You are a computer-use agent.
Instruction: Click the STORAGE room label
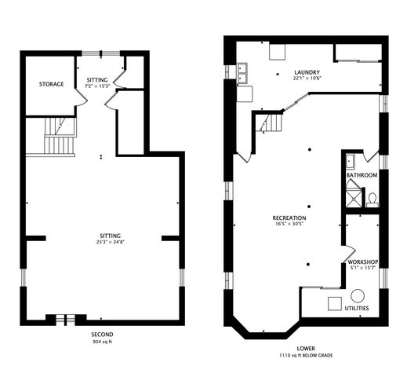tap(52, 84)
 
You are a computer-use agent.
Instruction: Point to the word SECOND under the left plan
tap(101, 335)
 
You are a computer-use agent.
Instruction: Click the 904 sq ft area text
tap(101, 342)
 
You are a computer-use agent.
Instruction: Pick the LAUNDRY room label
tap(307, 71)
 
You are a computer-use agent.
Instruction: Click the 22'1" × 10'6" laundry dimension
tap(307, 78)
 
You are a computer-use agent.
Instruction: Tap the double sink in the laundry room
tap(242, 76)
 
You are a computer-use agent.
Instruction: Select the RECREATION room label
tap(289, 218)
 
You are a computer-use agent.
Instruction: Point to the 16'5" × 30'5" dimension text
tap(289, 225)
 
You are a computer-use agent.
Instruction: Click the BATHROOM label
tap(362, 175)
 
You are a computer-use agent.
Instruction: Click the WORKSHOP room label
tap(364, 262)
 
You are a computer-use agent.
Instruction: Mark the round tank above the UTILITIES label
tap(358, 296)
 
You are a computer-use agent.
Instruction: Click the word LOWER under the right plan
tap(307, 347)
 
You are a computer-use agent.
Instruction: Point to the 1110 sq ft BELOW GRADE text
tap(307, 355)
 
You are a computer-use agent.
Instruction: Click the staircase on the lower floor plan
tap(271, 123)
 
